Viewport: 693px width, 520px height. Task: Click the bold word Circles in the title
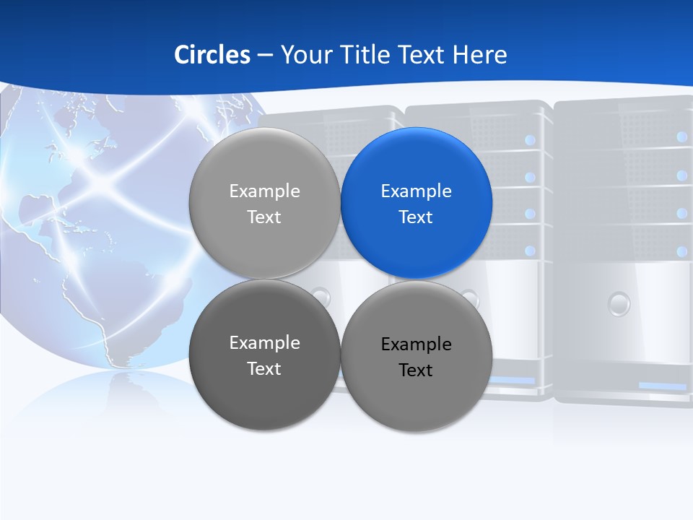(212, 55)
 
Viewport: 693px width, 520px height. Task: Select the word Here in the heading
(480, 55)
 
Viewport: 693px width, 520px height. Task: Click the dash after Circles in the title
(265, 56)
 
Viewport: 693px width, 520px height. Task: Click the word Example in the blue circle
(417, 191)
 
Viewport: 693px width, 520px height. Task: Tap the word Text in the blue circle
(417, 217)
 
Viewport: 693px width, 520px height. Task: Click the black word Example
(417, 344)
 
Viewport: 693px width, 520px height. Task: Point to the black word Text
(417, 370)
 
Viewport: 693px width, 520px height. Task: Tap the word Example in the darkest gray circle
(265, 343)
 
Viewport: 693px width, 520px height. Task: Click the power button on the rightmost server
(619, 303)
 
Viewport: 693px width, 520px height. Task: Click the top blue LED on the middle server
(531, 139)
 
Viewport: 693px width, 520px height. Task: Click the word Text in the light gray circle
(265, 217)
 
